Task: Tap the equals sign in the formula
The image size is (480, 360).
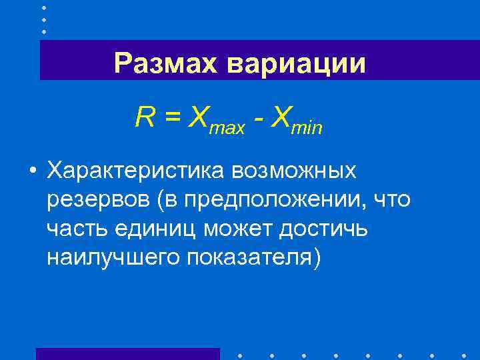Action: pos(173,118)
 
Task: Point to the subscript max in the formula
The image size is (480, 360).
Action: pos(227,127)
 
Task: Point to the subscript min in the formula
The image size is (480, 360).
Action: pos(307,127)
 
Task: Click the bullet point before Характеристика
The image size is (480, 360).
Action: pos(32,171)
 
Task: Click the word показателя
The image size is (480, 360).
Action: pos(251,257)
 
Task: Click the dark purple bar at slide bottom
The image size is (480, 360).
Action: pos(127,353)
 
